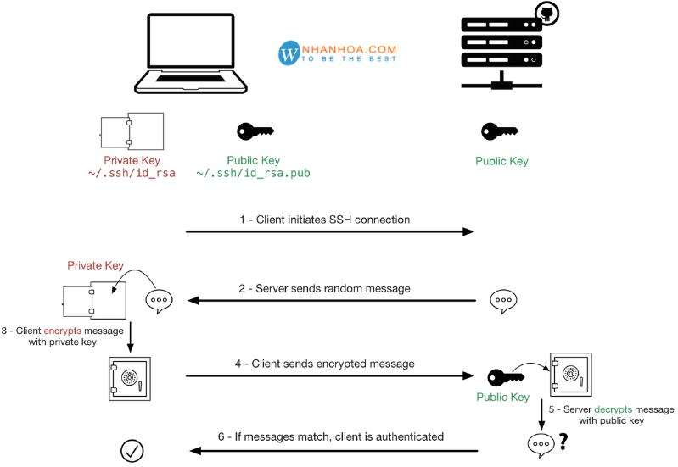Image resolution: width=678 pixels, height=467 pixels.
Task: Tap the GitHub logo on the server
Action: tap(547, 14)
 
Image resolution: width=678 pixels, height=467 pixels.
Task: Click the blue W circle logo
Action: tap(289, 53)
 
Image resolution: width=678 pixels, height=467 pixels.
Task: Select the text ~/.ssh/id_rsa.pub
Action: tap(253, 173)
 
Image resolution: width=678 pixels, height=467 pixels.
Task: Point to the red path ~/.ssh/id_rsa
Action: tap(132, 173)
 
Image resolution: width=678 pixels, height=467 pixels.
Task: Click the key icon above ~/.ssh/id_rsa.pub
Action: tap(255, 131)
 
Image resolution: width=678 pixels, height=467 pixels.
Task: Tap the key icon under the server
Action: tap(500, 131)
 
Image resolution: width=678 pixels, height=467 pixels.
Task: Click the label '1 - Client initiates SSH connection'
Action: tap(325, 220)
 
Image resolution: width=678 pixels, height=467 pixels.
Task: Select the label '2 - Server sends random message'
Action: tap(324, 288)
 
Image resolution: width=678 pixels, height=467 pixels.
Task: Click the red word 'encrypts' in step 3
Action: tap(63, 331)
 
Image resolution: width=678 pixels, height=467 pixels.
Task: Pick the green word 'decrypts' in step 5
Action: tap(614, 409)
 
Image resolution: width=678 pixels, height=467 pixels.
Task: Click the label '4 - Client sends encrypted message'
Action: tap(325, 364)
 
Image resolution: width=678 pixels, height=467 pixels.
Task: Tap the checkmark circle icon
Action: tap(132, 451)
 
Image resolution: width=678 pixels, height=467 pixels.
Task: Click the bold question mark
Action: tap(563, 442)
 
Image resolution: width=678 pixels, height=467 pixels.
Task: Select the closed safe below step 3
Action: tap(130, 379)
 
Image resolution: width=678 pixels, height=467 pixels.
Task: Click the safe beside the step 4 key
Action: tap(571, 375)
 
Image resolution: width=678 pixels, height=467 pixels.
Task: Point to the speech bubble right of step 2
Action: tap(503, 301)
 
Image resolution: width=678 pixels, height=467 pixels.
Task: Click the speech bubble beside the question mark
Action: tap(541, 444)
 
